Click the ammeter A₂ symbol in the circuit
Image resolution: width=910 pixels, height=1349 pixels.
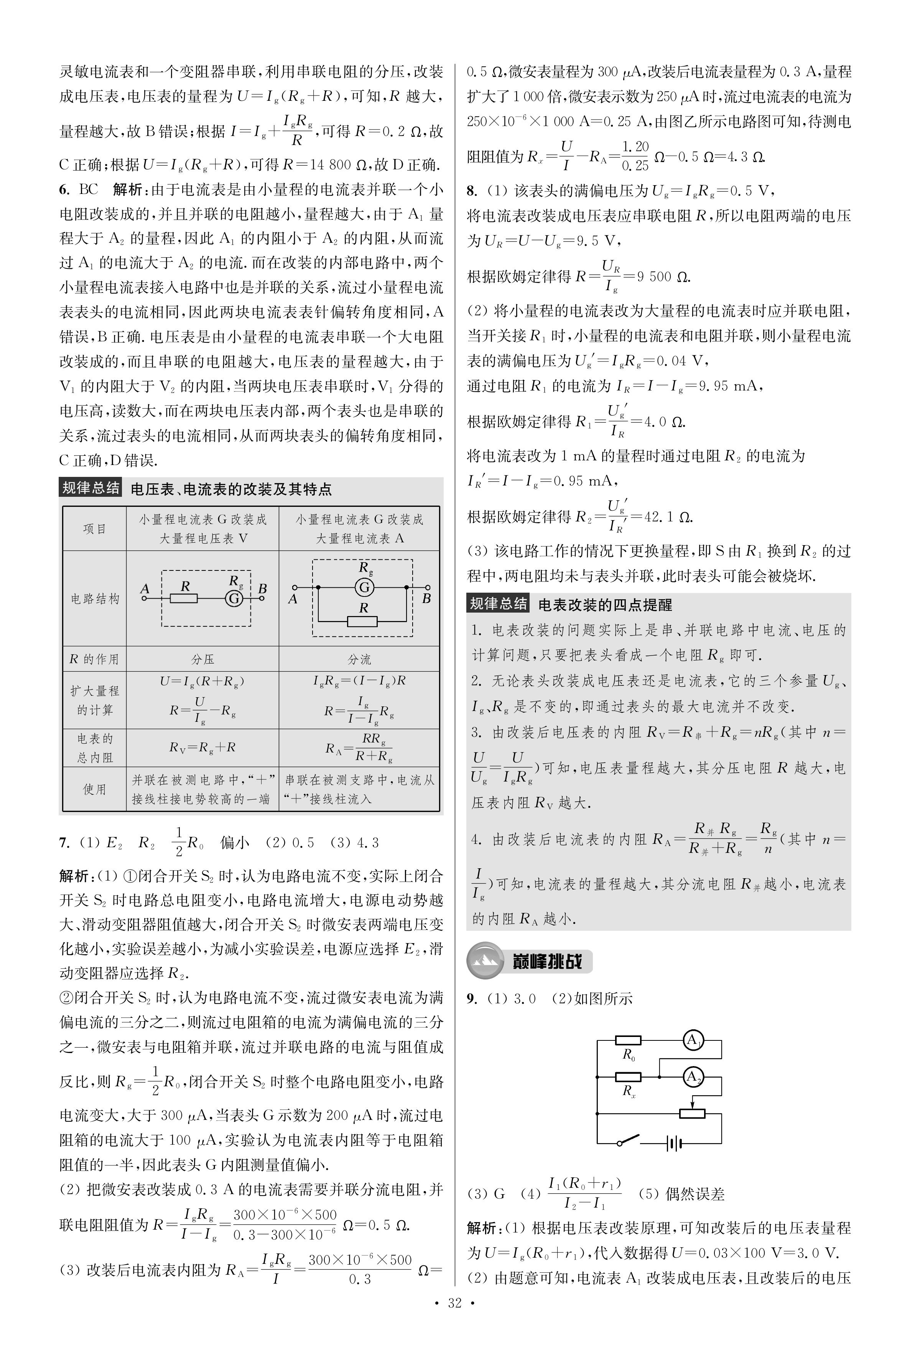692,1077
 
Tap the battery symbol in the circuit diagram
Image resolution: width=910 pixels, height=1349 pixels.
673,1144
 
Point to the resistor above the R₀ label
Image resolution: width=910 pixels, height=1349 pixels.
628,1040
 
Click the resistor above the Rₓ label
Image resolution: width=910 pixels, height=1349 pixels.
628,1077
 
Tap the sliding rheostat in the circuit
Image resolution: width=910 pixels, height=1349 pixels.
692,1113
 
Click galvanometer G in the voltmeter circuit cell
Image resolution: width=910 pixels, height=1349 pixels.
234,598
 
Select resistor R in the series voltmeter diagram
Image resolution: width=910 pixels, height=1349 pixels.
184,598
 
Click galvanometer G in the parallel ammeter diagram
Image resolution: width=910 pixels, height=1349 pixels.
364,587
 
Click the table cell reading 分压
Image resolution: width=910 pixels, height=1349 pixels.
202,659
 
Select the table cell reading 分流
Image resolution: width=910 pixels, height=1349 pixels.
359,659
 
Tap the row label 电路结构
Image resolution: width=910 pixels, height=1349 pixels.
95,599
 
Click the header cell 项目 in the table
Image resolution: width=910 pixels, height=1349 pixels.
95,529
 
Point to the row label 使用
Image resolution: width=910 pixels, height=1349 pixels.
95,789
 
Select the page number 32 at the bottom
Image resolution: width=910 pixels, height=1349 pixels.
455,1303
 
